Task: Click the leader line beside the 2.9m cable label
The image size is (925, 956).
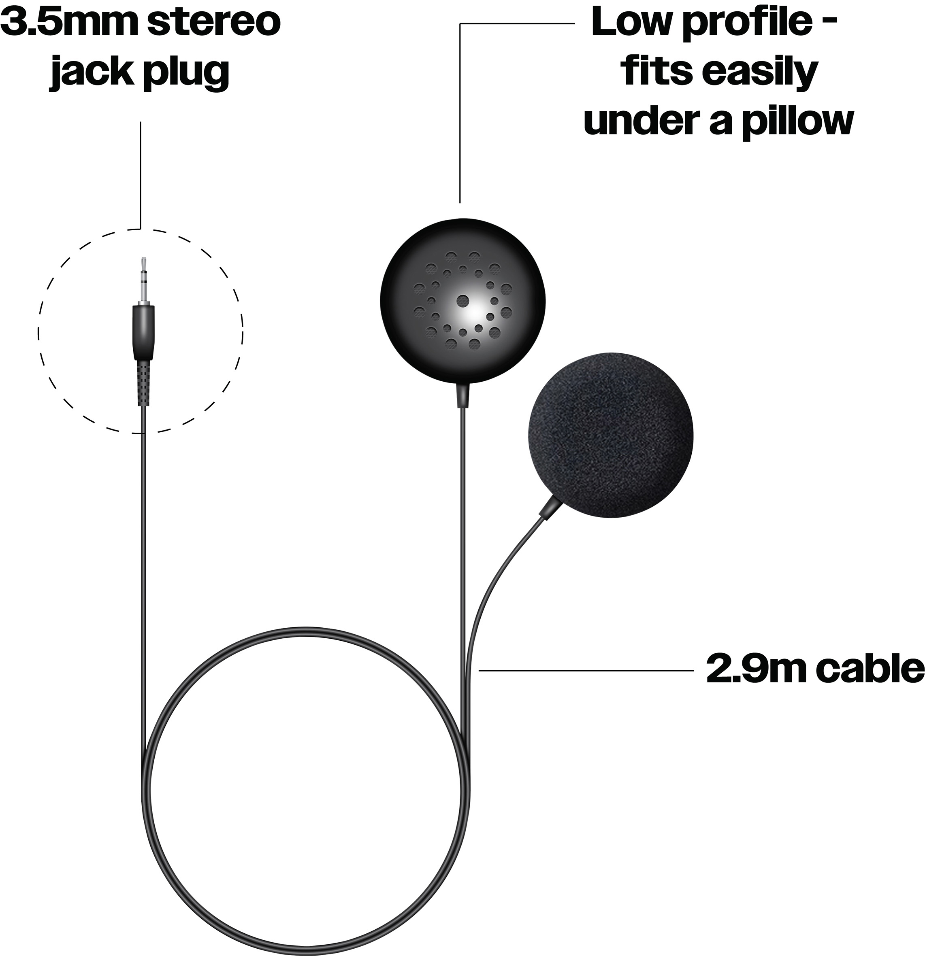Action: tap(586, 671)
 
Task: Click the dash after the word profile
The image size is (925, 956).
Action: tap(830, 22)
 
